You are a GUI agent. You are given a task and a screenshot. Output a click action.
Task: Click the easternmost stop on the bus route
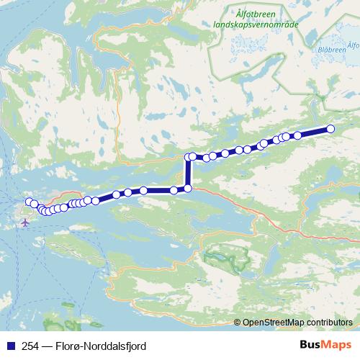click(330, 129)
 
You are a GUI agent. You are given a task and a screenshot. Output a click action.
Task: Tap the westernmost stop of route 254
click(30, 202)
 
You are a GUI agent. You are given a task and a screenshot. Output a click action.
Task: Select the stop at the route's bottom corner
click(189, 189)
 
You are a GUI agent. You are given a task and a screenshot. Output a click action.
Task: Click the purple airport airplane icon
click(26, 222)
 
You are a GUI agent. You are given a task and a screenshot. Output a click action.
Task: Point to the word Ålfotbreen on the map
click(257, 12)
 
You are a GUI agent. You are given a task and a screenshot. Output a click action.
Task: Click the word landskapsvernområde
click(257, 23)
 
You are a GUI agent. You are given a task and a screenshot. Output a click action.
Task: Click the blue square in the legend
click(9, 346)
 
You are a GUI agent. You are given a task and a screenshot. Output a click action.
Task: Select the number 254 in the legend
click(30, 346)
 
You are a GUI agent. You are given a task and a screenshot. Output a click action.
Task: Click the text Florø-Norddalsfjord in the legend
click(100, 346)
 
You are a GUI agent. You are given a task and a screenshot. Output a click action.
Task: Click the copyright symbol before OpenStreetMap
click(238, 323)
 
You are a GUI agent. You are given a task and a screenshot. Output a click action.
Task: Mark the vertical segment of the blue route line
click(189, 173)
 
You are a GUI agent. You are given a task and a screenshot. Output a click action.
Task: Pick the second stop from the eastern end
click(297, 135)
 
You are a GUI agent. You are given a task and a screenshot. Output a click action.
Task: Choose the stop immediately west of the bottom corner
click(174, 190)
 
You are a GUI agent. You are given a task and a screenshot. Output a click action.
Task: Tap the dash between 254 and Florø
click(48, 346)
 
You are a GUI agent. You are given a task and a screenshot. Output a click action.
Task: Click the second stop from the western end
click(34, 204)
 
